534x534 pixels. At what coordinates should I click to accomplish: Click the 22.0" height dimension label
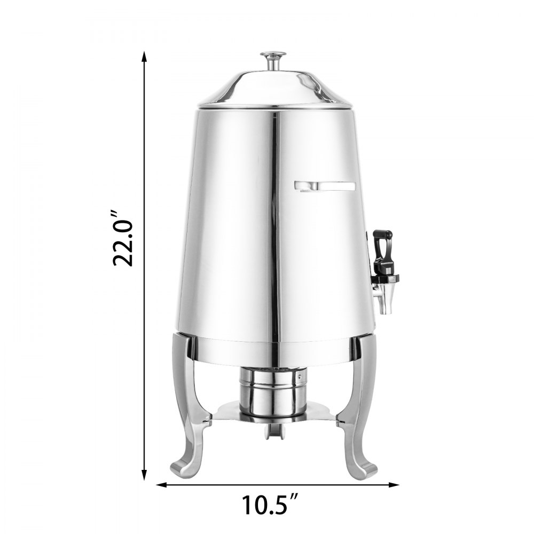point(123,235)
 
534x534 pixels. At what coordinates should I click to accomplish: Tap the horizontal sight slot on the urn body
point(325,186)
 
